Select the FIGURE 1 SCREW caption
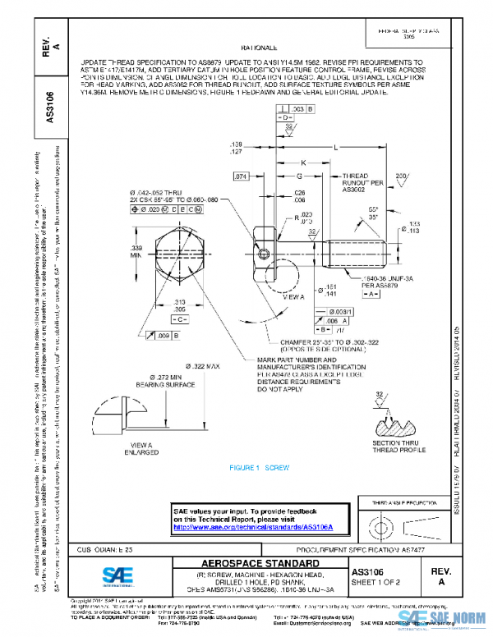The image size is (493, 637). click(x=260, y=467)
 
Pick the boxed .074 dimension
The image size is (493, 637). click(x=241, y=176)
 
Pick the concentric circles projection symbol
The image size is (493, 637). click(x=382, y=525)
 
